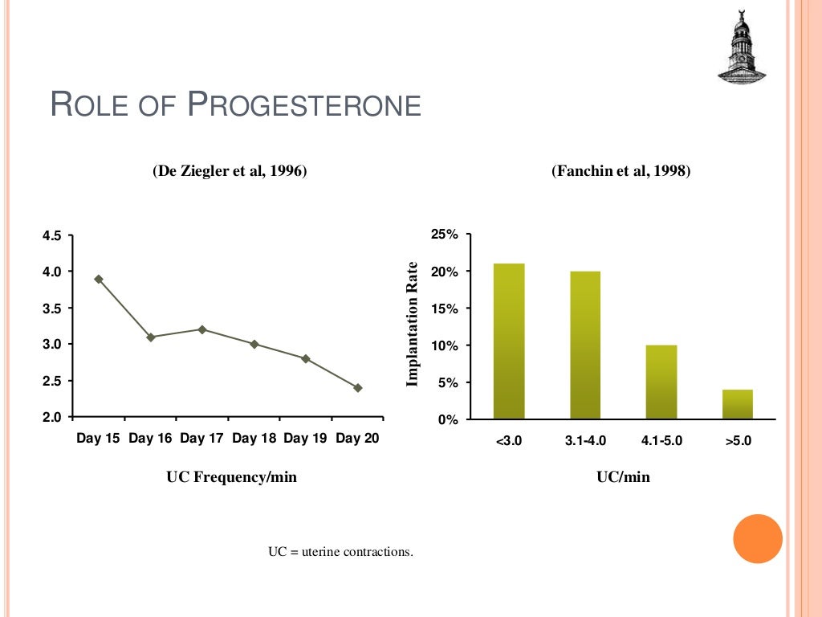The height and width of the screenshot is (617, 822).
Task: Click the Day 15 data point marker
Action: [99, 279]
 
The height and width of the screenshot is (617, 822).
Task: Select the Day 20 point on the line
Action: [358, 387]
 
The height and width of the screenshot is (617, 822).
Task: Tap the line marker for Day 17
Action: [202, 329]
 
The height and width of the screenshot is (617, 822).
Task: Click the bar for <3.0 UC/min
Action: [509, 341]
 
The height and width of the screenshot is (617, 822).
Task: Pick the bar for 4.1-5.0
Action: [661, 382]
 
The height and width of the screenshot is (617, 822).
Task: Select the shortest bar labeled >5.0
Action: [738, 404]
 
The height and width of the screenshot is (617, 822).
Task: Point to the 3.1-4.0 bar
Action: [585, 345]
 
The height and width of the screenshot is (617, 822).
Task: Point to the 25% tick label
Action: [444, 235]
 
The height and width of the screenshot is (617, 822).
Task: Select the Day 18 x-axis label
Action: [254, 439]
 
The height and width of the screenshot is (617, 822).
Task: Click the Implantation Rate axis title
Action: [413, 324]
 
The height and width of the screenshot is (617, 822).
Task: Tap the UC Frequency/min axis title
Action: [231, 477]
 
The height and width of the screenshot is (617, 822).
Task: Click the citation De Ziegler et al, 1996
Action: [230, 171]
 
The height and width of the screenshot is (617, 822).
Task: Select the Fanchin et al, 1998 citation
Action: [621, 171]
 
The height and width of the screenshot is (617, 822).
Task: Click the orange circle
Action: [758, 538]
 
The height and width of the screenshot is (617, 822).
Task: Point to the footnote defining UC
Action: [340, 552]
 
